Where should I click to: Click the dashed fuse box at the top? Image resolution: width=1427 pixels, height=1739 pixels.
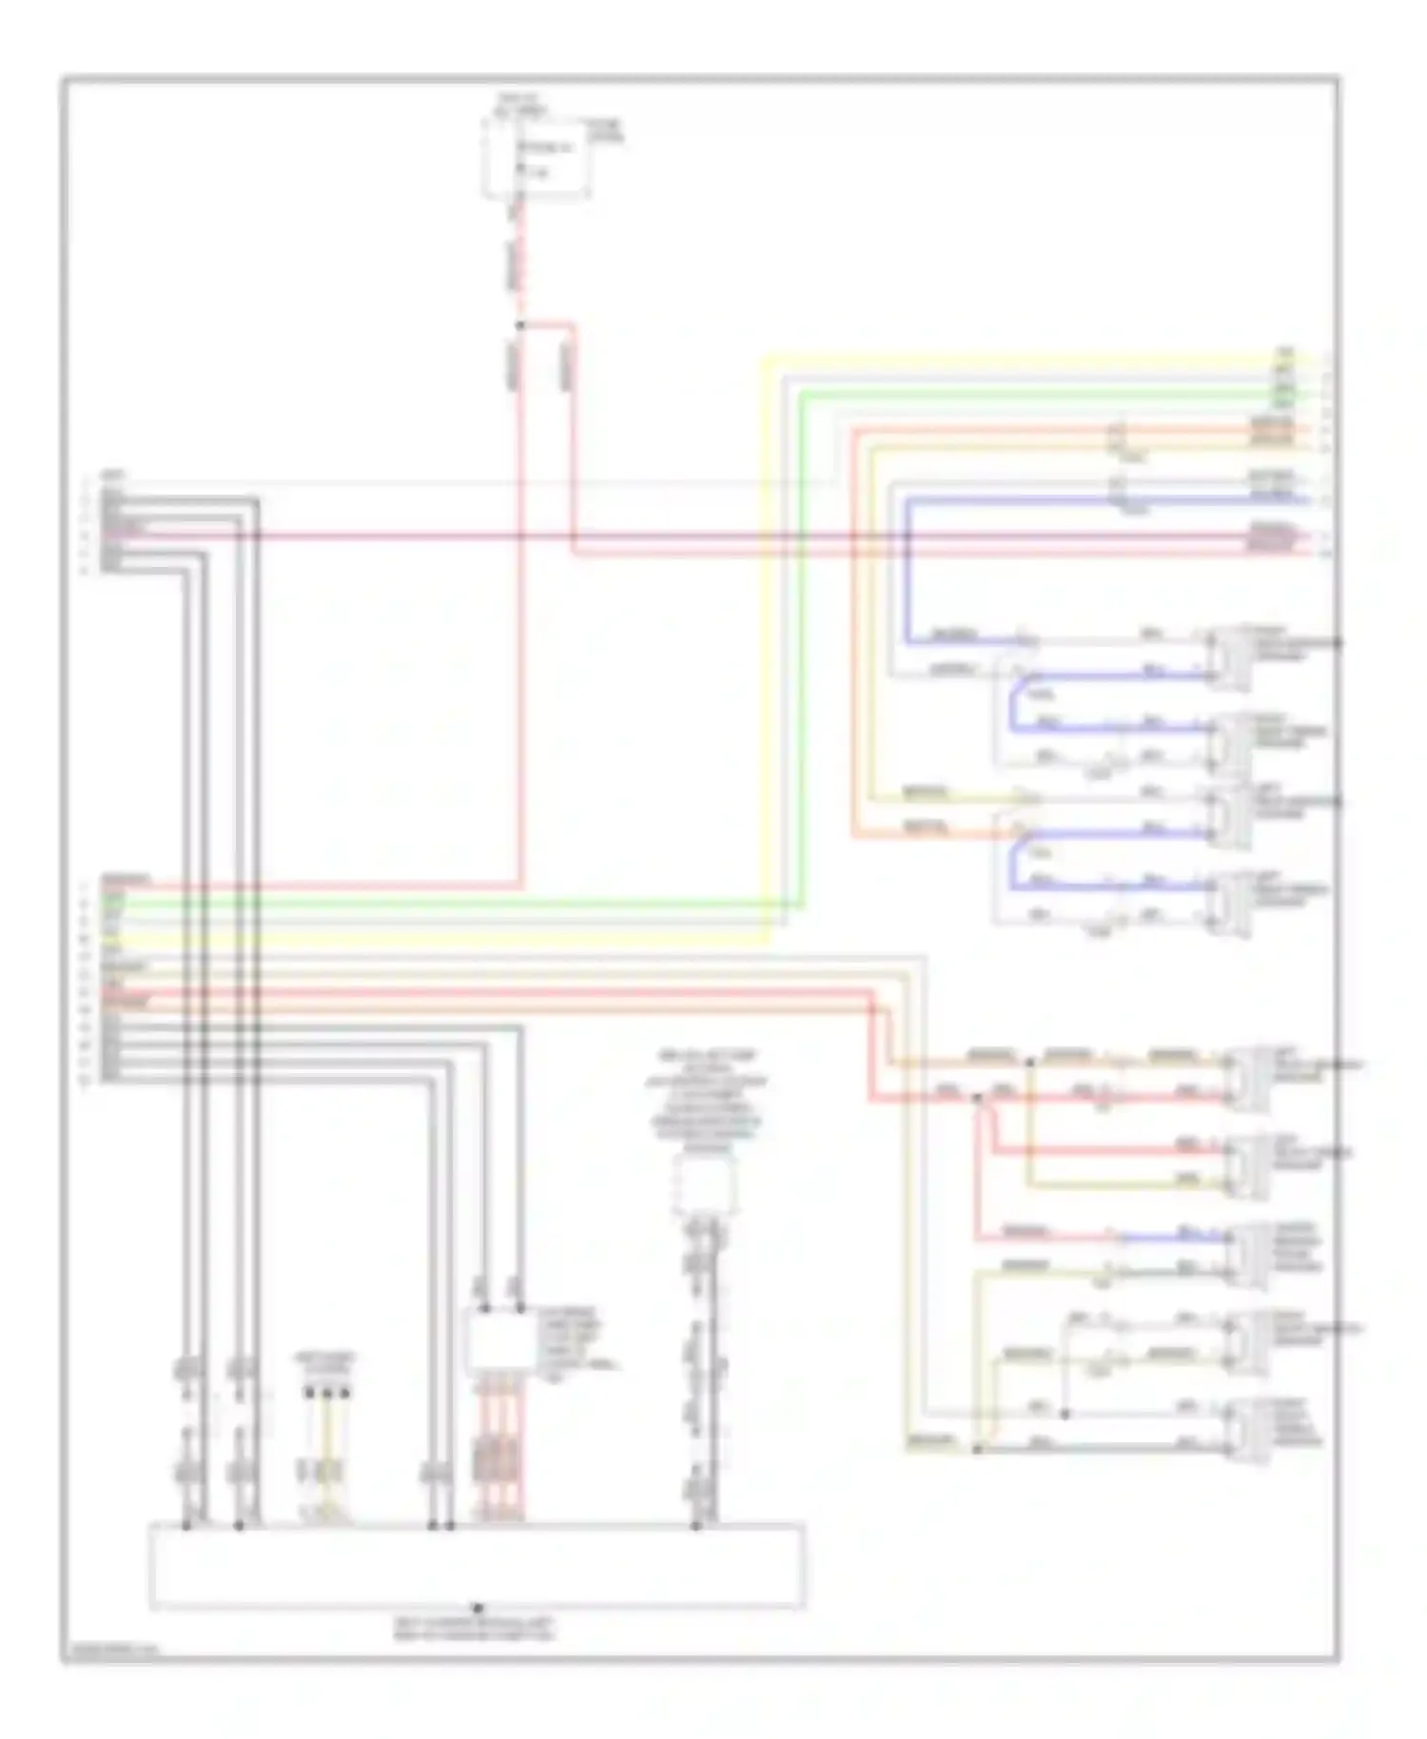click(536, 158)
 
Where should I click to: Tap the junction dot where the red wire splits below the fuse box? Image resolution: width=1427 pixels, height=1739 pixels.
click(519, 326)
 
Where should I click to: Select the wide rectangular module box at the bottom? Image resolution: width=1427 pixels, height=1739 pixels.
click(477, 1565)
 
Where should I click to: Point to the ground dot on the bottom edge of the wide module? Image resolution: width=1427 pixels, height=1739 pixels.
click(477, 1608)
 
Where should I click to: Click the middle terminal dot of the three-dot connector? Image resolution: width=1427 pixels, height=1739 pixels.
click(327, 1393)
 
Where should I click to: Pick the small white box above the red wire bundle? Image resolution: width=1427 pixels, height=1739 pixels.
click(500, 1342)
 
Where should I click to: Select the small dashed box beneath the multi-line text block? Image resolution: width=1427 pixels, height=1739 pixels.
click(705, 1184)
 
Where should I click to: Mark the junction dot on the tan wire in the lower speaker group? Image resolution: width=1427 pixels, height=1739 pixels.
click(1030, 1059)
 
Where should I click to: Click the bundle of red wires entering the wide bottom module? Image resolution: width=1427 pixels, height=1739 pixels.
click(498, 1484)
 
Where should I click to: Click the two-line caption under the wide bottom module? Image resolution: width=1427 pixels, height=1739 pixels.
click(476, 1629)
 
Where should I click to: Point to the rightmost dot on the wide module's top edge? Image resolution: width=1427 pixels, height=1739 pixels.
click(695, 1526)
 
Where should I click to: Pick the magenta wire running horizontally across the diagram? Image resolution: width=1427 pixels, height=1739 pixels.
click(666, 537)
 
